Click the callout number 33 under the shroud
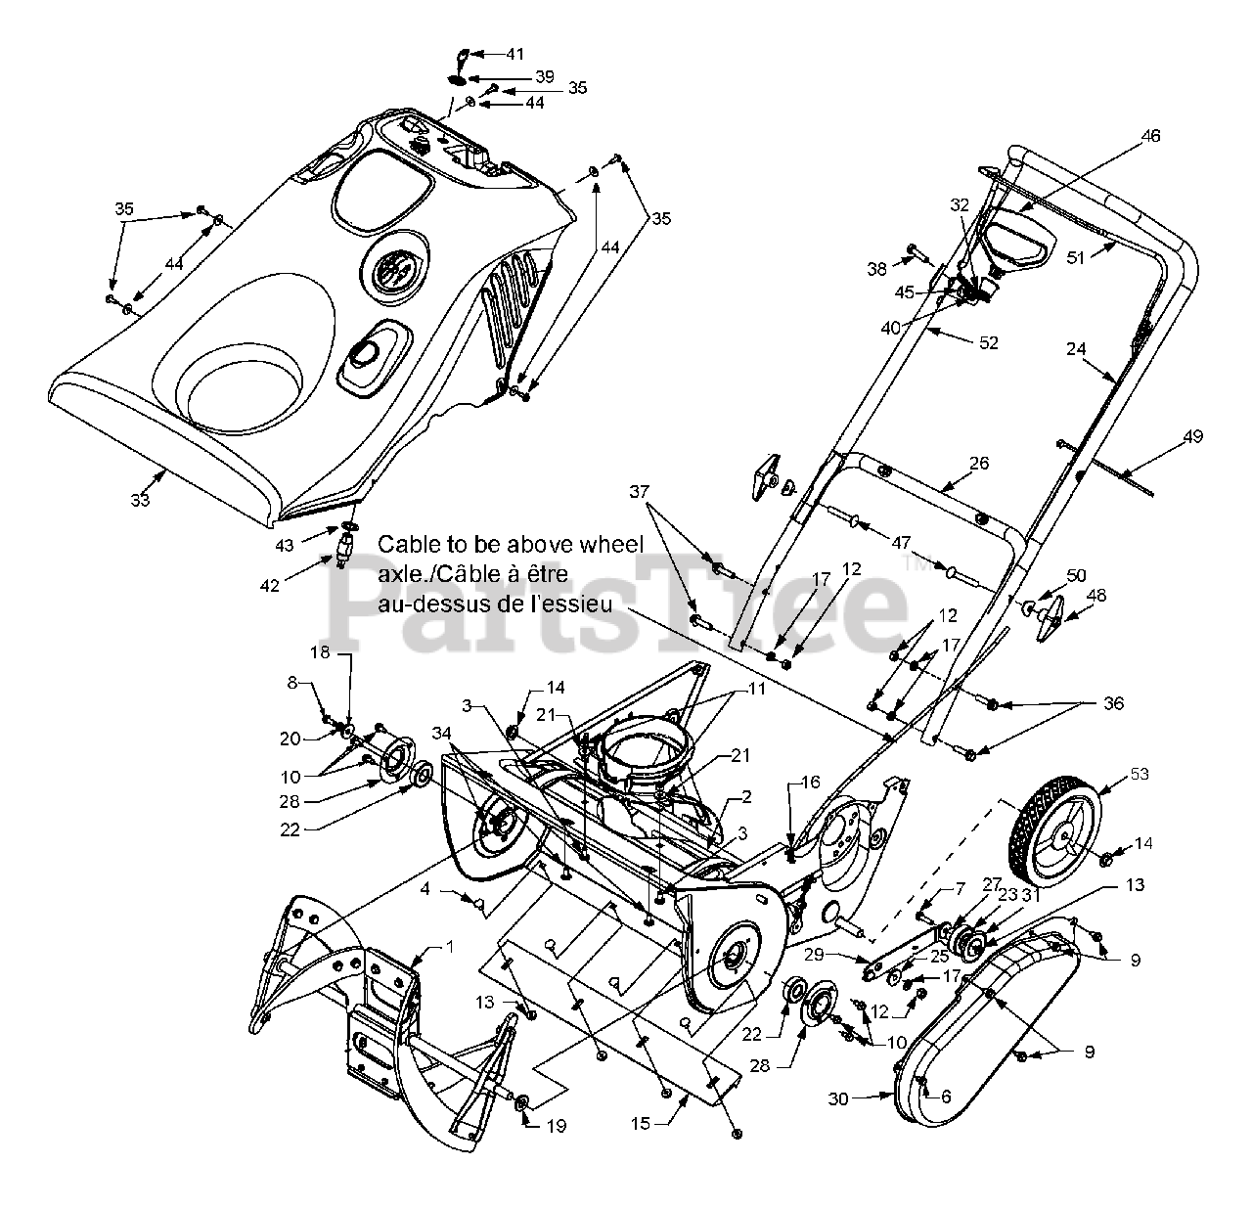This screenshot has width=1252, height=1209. [140, 499]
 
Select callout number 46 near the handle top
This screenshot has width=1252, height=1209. [1151, 136]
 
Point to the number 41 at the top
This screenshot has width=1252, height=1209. [514, 54]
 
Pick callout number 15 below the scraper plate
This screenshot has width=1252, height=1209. [640, 1124]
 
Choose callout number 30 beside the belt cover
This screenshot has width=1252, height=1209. [837, 1099]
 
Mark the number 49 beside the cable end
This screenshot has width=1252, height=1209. [1192, 436]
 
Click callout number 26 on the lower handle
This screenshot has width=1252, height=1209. [978, 464]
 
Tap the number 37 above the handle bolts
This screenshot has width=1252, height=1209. [639, 492]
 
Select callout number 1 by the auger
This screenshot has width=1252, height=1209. [450, 947]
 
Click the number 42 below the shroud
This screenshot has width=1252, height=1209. [270, 586]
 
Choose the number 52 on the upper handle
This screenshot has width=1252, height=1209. [988, 342]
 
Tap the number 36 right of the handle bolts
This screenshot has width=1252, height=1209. [1113, 703]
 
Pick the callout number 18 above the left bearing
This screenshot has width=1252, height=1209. [320, 652]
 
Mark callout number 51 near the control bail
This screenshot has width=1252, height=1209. [1076, 258]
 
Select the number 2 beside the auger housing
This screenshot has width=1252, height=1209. [746, 796]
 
